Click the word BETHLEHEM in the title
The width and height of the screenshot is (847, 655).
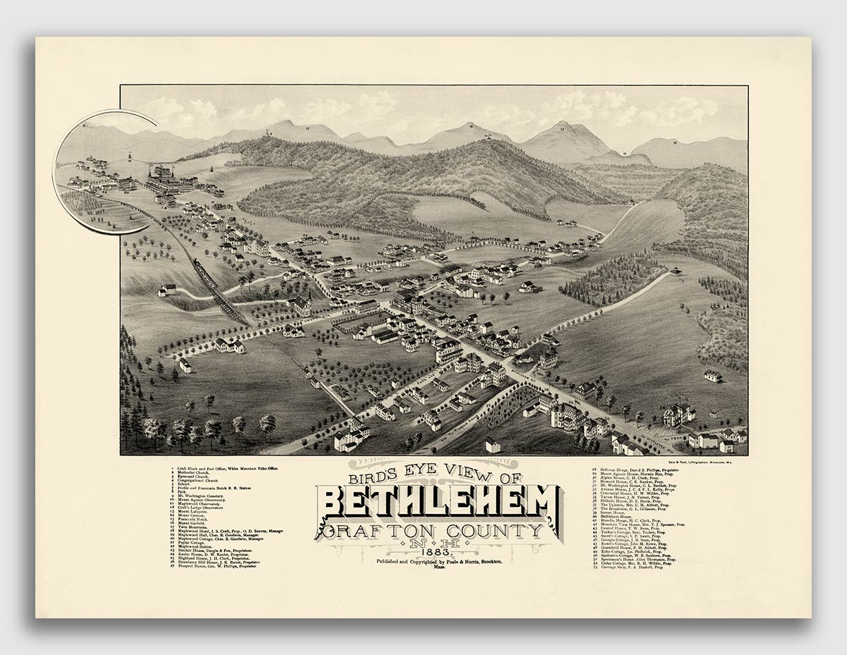click(438, 502)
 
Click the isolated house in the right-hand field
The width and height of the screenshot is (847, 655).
click(713, 376)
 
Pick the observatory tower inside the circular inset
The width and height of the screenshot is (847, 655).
click(129, 156)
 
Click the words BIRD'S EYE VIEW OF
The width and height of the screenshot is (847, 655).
click(436, 477)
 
